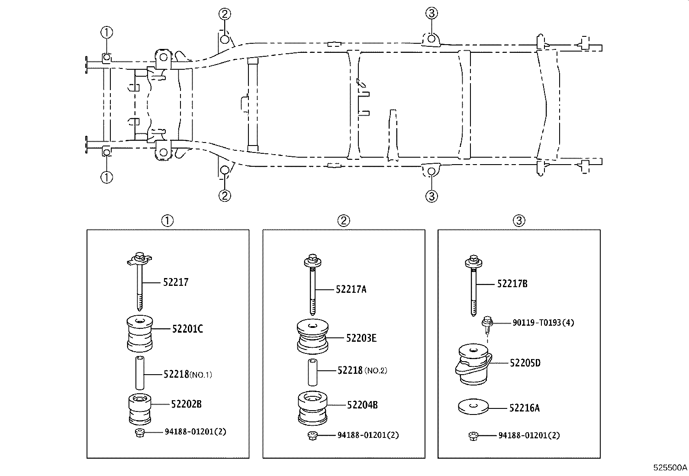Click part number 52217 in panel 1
pyautogui.click(x=176, y=282)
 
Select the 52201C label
pyautogui.click(x=187, y=329)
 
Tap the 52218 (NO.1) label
pyautogui.click(x=187, y=374)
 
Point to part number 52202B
pyautogui.click(x=186, y=404)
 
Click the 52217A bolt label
pyautogui.click(x=351, y=289)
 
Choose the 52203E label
pyautogui.click(x=361, y=338)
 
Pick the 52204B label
pyautogui.click(x=362, y=405)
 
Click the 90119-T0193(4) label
pyautogui.click(x=543, y=323)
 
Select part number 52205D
pyautogui.click(x=525, y=363)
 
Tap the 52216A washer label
pyautogui.click(x=524, y=408)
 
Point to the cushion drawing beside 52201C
pyautogui.click(x=139, y=334)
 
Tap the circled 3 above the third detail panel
pyautogui.click(x=519, y=221)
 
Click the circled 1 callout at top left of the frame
pyautogui.click(x=106, y=32)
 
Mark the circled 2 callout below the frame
pyautogui.click(x=224, y=196)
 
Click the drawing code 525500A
pyautogui.click(x=670, y=468)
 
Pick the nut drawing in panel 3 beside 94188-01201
pyautogui.click(x=473, y=436)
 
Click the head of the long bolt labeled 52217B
pyautogui.click(x=473, y=261)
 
